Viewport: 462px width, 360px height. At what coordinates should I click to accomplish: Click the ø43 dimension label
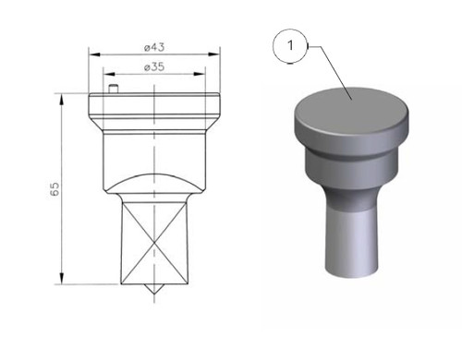click(154, 47)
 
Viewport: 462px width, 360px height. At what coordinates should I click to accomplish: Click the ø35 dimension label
click(154, 66)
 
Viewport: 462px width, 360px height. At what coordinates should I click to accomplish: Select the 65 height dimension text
click(55, 189)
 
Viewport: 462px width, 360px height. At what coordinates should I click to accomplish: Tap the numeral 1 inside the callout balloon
click(290, 45)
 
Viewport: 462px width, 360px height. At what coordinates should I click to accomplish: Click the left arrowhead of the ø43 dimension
click(94, 54)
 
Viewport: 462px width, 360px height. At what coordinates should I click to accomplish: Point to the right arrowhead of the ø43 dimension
click(213, 54)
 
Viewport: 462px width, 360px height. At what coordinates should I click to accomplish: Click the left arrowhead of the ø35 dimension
click(109, 74)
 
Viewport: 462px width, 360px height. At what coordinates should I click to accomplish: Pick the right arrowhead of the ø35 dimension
click(200, 74)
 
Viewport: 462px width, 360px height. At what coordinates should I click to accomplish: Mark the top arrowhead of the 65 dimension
click(62, 100)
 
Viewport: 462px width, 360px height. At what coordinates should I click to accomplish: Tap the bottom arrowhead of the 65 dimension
click(62, 279)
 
